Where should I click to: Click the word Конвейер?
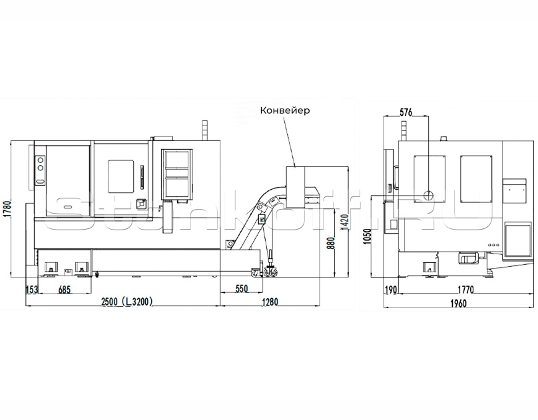[285, 110]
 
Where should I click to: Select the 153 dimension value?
[31, 290]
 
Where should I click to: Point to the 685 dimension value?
[65, 290]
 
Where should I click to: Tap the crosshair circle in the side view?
[428, 195]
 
